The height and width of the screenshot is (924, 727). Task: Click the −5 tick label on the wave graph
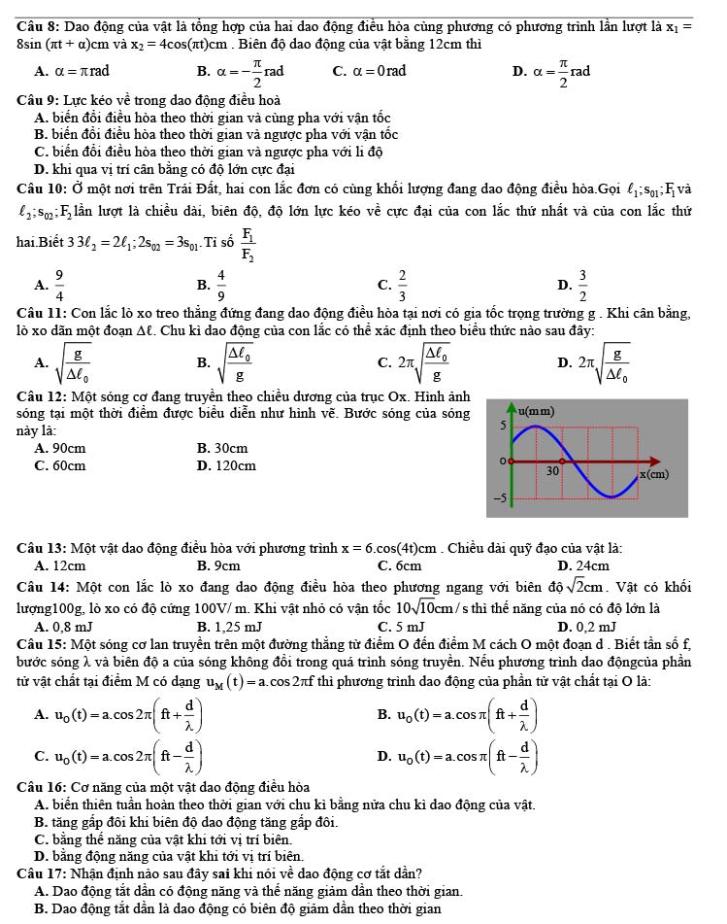click(x=501, y=497)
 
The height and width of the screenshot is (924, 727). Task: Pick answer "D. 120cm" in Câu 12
click(x=226, y=465)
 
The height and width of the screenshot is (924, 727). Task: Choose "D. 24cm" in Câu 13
click(x=583, y=565)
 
